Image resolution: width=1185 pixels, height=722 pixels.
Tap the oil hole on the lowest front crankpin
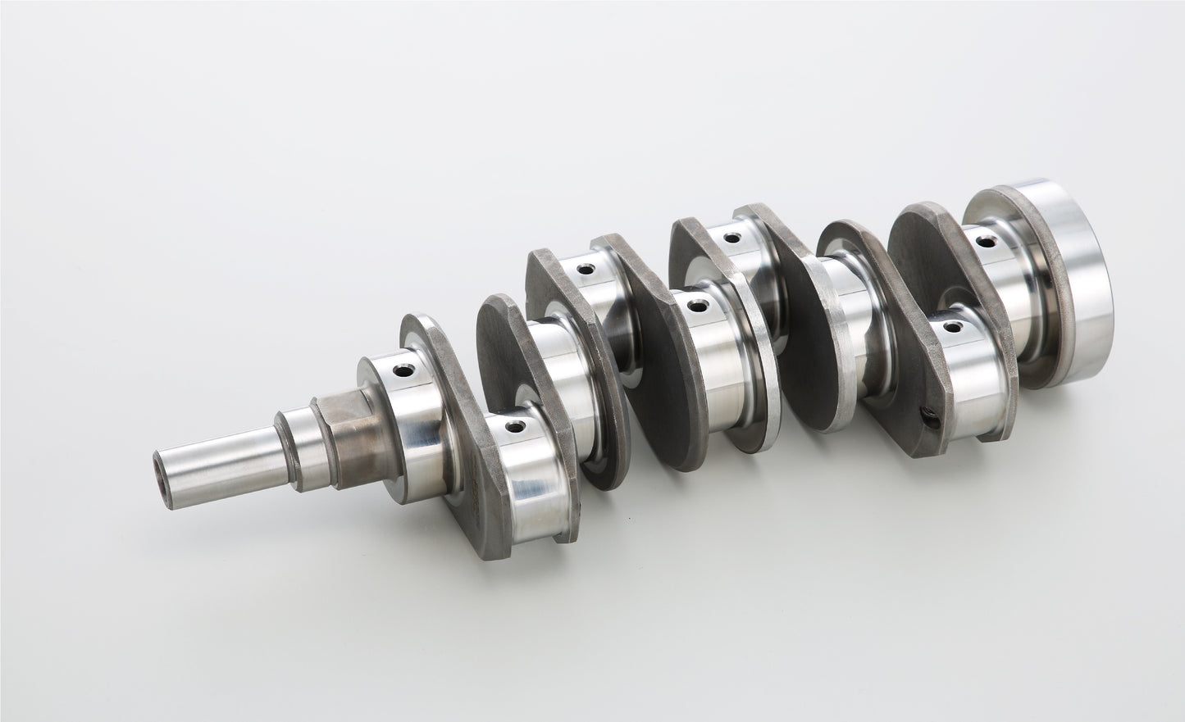pyautogui.click(x=513, y=427)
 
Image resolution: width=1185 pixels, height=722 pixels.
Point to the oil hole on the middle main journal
pyautogui.click(x=697, y=307)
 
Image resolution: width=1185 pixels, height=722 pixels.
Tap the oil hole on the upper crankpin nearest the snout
pyautogui.click(x=585, y=268)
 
